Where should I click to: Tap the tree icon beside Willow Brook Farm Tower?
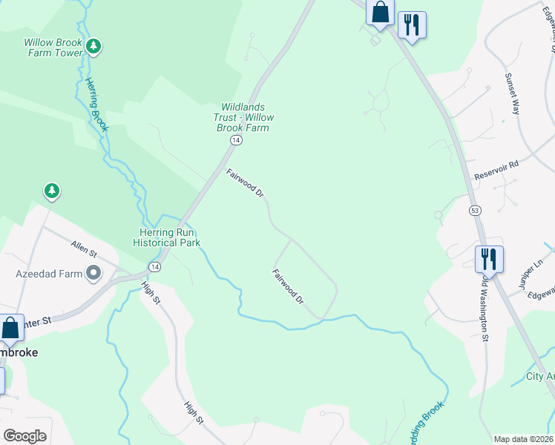pos(93,47)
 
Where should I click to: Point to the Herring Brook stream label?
pos(96,105)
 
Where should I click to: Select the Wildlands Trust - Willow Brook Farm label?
pos(247,118)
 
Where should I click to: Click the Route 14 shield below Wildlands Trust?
pos(235,140)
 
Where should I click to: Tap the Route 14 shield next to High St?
pos(154,266)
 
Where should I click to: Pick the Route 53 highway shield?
pos(474,211)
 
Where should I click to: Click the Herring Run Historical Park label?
pos(167,237)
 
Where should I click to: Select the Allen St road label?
pos(84,248)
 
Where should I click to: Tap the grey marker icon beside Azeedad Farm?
pos(93,274)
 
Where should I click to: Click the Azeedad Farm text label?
pos(49,274)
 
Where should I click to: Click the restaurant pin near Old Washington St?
pos(489,260)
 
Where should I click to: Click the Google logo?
pos(25,436)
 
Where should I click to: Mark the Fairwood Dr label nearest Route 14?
pos(246,183)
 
